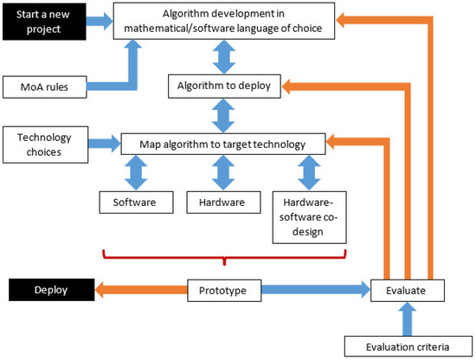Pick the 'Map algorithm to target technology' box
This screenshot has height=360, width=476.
tap(223, 141)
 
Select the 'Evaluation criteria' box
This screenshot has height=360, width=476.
tap(407, 347)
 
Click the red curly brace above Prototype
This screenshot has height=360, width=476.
tap(224, 257)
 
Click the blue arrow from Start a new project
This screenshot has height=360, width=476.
tap(99, 18)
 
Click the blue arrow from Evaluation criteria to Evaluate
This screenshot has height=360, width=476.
tap(407, 319)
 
